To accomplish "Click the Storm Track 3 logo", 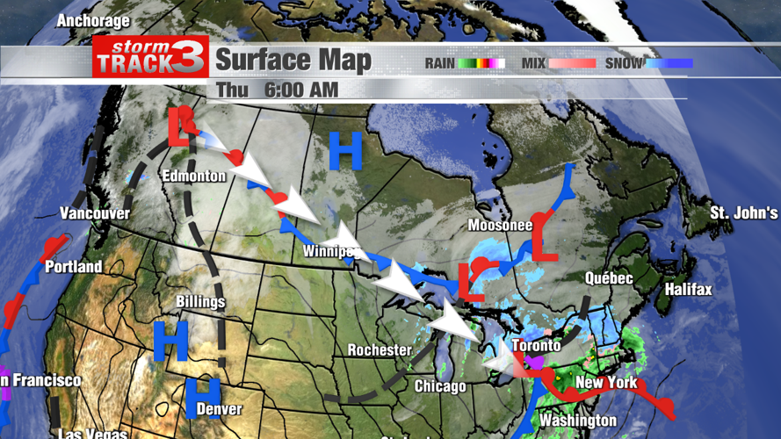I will point(150,57).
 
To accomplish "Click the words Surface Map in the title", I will point(293,61).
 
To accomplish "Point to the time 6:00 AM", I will point(301,90).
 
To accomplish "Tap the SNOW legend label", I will point(624,63).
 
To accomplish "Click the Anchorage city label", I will point(93,20).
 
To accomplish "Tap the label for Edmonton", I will point(193,176).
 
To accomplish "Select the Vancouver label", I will point(95,213).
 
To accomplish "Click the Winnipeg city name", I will point(332,253).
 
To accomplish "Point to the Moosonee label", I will point(500,226).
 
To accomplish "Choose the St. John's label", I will point(743,213).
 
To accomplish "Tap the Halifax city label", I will point(688,289).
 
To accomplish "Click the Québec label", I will point(609,278).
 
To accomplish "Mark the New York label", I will point(605,383).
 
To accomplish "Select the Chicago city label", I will point(439,386).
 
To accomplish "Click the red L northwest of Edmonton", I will point(179,127).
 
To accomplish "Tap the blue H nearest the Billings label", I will point(171,341).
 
